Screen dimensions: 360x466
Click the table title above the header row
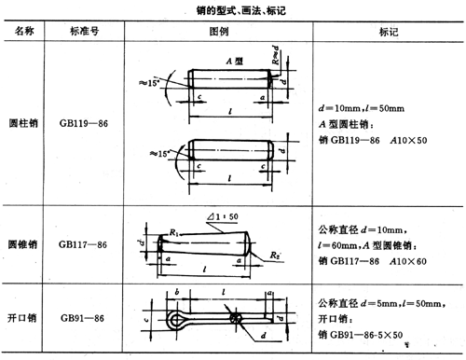click(232, 9)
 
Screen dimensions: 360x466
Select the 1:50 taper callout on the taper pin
click(223, 219)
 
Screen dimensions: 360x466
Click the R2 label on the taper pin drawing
click(277, 252)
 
